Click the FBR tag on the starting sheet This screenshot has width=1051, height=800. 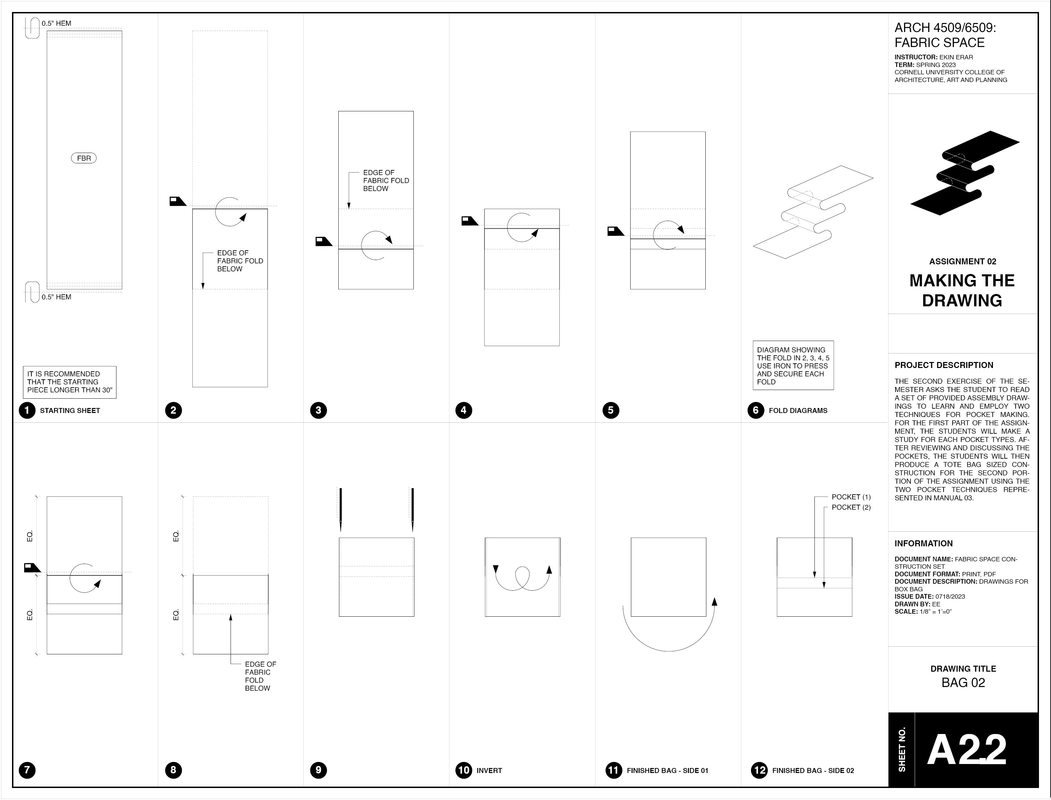84,158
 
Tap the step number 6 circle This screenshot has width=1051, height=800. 755,410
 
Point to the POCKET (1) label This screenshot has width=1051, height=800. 851,497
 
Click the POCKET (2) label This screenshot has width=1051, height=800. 851,507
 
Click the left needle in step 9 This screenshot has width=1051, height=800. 340,509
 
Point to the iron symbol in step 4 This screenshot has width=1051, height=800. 469,221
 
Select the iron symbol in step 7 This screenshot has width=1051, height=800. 32,567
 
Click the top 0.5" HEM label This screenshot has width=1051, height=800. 56,23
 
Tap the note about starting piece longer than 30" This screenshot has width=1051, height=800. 70,382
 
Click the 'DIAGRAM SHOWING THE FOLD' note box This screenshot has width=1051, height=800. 793,365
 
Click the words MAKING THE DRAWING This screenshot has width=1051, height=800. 962,290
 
